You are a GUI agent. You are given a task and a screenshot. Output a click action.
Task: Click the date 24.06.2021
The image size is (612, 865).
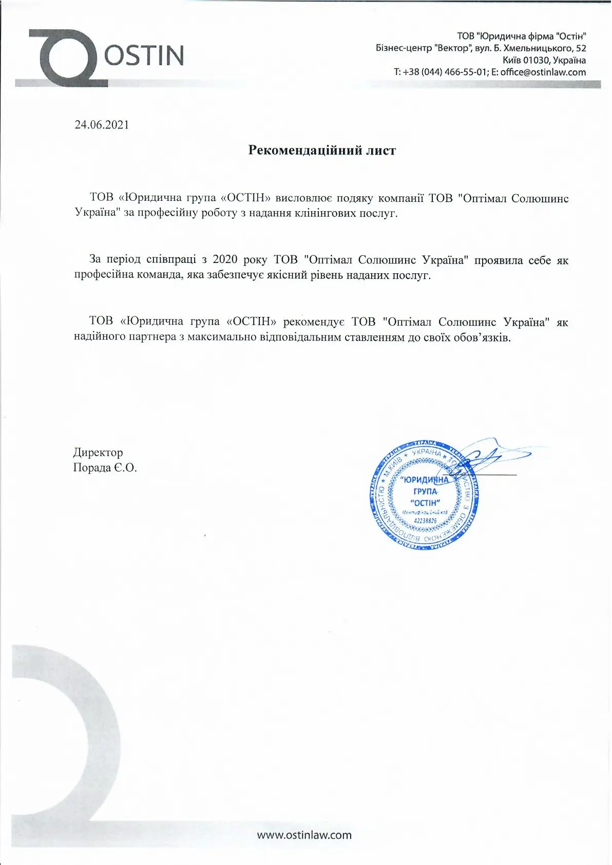102,125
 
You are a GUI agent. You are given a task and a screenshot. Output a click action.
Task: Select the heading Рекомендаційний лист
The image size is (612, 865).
322,150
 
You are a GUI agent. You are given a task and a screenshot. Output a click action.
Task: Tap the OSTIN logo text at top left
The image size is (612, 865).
144,55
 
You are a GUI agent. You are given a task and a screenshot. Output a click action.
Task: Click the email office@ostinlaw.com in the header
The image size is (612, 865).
543,72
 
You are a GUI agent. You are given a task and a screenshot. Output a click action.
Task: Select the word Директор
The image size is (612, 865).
98,453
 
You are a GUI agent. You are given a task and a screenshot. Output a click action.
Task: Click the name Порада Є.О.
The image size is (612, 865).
105,468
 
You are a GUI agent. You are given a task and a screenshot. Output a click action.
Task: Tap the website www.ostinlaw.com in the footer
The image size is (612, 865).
304,835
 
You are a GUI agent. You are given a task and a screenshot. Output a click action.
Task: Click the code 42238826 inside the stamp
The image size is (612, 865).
425,521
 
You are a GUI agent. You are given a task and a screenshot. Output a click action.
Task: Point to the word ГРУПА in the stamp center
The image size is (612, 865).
425,492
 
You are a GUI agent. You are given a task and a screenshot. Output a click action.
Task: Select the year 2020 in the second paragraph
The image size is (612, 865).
225,260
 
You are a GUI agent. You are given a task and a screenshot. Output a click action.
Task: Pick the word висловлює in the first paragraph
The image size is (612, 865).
304,198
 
